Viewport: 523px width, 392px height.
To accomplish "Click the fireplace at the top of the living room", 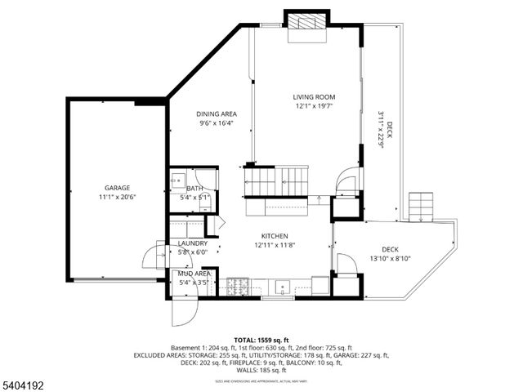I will pyautogui.click(x=306, y=24).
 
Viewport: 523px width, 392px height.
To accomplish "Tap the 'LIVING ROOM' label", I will pyautogui.click(x=315, y=97).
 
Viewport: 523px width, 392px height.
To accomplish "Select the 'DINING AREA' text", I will pyautogui.click(x=217, y=114).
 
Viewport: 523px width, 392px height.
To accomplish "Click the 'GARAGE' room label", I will pyautogui.click(x=117, y=188).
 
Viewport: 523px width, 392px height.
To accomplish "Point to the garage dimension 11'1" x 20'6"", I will pyautogui.click(x=117, y=197).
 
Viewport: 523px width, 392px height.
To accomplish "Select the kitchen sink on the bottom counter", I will pyautogui.click(x=283, y=286).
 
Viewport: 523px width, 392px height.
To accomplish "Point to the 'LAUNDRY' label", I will pyautogui.click(x=193, y=243).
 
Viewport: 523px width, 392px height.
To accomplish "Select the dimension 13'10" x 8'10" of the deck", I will pyautogui.click(x=390, y=259).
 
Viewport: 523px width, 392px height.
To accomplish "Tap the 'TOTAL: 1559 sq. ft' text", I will pyautogui.click(x=261, y=340).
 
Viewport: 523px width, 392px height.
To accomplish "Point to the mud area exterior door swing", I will pyautogui.click(x=183, y=310).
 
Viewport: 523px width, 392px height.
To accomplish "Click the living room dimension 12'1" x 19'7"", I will pyautogui.click(x=315, y=106).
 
